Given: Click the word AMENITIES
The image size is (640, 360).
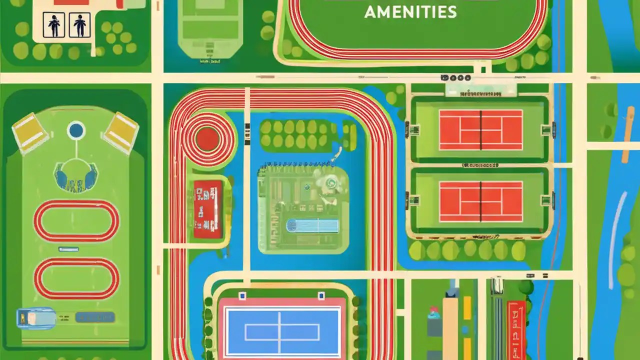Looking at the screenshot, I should [410, 12].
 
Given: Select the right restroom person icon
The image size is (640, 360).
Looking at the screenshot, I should [79, 25].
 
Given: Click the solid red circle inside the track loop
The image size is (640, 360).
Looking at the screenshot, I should [206, 139].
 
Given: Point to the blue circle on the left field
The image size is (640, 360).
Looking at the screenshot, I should [76, 130].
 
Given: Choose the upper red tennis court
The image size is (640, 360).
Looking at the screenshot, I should [480, 129].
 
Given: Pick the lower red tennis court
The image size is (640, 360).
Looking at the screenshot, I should [480, 201].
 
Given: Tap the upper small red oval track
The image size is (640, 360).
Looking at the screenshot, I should [76, 220].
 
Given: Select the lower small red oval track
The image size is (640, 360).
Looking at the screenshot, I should [76, 278].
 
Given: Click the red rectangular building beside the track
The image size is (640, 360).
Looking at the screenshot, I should [207, 209].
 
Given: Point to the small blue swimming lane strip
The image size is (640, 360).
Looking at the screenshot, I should [312, 226].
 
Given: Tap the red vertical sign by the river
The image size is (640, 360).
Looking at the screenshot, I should [516, 330].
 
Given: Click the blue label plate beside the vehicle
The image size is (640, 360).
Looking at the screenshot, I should [95, 317].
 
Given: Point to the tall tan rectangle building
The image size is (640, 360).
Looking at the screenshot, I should [450, 327].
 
